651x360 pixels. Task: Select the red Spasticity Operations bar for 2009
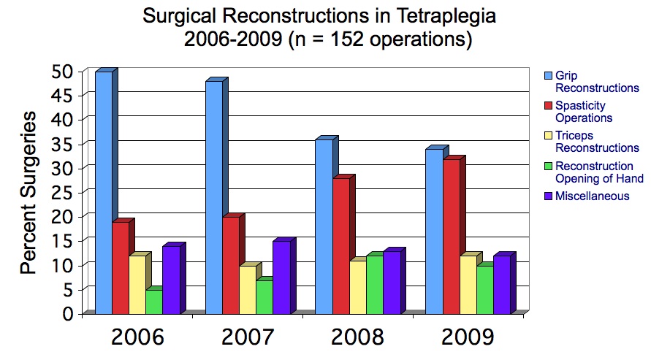pos(452,237)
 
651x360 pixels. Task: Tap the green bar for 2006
pos(153,302)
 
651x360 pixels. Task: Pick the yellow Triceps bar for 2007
pos(248,290)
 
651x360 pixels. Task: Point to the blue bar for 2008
pos(324,226)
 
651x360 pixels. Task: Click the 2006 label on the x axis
pos(137,337)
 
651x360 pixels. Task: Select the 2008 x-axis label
pos(357,337)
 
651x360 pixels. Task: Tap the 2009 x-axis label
pos(468,337)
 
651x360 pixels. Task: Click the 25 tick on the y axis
pos(62,193)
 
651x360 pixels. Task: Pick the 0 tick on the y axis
pos(69,313)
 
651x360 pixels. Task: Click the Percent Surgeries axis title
pos(28,193)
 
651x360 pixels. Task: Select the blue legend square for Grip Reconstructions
pos(549,76)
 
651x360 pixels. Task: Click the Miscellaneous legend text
pos(592,196)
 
